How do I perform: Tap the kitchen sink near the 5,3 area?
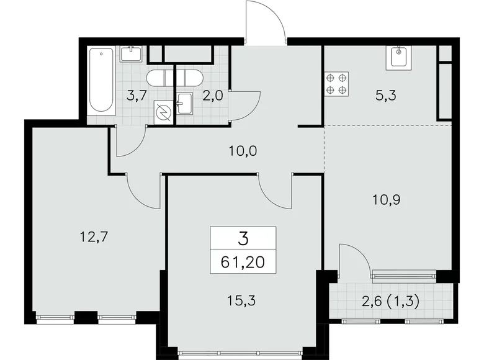pyautogui.click(x=397, y=58)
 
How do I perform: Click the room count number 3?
pyautogui.click(x=243, y=238)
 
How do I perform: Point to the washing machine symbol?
pyautogui.click(x=164, y=113)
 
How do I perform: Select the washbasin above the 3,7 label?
pyautogui.click(x=131, y=54)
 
